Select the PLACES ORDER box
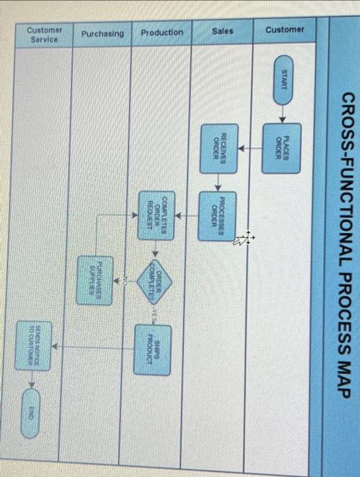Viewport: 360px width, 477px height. (282, 144)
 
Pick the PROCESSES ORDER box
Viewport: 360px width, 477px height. (217, 215)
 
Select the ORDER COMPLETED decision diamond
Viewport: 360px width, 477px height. (157, 279)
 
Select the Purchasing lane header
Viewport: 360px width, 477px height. (102, 33)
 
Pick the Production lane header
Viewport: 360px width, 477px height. (162, 33)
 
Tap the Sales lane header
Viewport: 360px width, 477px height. (222, 31)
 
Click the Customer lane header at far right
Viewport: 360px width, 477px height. (284, 30)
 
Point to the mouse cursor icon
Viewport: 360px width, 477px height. (245, 238)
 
